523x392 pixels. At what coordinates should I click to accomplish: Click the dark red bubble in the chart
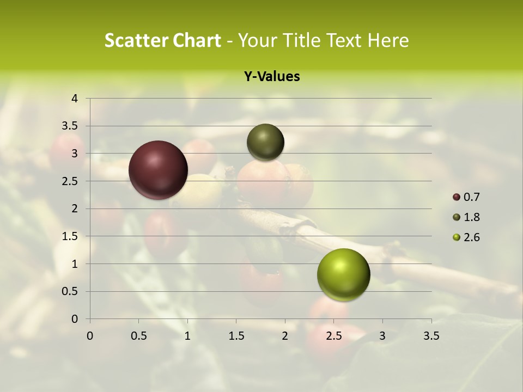[158, 170]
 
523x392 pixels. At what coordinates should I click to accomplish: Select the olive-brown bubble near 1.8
[265, 142]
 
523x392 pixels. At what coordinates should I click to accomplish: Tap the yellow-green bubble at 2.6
[343, 274]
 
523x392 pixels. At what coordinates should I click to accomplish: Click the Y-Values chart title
[272, 77]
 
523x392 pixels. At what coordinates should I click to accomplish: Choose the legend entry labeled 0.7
[466, 197]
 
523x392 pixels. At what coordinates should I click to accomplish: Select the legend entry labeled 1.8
[466, 217]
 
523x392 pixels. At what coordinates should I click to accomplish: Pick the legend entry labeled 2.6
[466, 237]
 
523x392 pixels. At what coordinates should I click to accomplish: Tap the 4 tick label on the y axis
[75, 99]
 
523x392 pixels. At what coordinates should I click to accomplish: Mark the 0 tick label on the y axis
[75, 319]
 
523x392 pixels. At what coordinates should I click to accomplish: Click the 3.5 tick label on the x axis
[431, 336]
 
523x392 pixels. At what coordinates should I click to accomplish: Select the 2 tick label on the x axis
[285, 336]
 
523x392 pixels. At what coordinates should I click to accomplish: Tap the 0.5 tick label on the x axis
[138, 336]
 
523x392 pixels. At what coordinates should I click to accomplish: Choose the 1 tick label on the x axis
[187, 336]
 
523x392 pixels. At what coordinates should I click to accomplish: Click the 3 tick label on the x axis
[382, 336]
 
